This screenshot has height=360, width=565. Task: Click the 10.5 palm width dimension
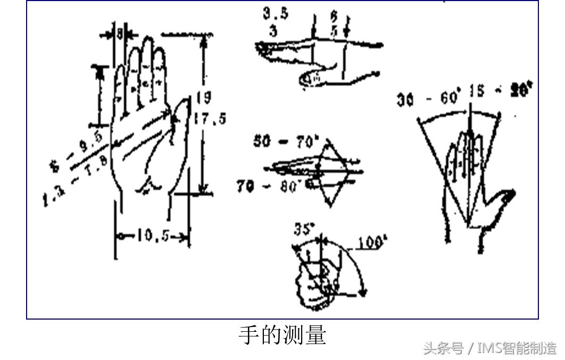[x=152, y=235]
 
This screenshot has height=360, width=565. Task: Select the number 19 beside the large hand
[x=203, y=97]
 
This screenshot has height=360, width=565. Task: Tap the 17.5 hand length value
[x=209, y=118]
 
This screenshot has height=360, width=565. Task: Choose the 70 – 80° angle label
[x=270, y=186]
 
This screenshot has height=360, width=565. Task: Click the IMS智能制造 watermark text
[x=516, y=349]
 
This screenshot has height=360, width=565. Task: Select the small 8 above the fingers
[x=120, y=34]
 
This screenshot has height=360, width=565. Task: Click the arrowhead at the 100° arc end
[x=363, y=291]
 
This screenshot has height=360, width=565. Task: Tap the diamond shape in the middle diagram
[x=333, y=170]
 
